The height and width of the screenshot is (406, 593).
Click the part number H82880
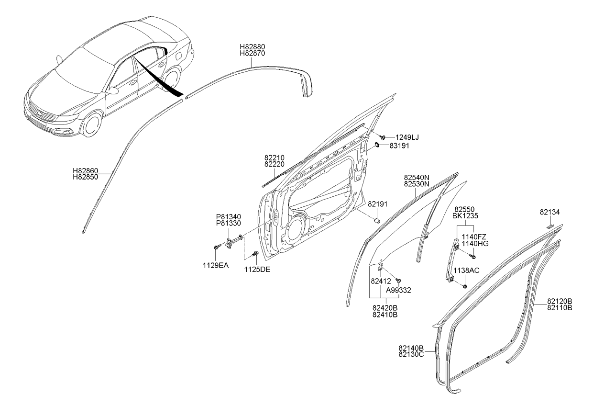pyautogui.click(x=253, y=46)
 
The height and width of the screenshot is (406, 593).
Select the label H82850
pyautogui.click(x=85, y=177)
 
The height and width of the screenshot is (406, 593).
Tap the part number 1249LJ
pyautogui.click(x=407, y=137)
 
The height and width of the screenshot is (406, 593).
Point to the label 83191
pyautogui.click(x=399, y=146)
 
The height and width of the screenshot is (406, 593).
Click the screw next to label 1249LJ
pyautogui.click(x=383, y=137)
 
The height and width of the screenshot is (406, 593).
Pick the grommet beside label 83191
pyautogui.click(x=376, y=145)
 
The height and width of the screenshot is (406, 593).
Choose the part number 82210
pyautogui.click(x=275, y=158)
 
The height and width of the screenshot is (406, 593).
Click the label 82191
pyautogui.click(x=377, y=204)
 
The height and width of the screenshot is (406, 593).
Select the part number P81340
pyautogui.click(x=229, y=217)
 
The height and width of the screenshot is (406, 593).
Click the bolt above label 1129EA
pyautogui.click(x=216, y=247)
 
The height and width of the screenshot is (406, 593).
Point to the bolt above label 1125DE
pyautogui.click(x=256, y=254)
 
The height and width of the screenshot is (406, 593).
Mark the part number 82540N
pyautogui.click(x=417, y=178)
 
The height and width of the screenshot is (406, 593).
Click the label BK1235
pyautogui.click(x=465, y=216)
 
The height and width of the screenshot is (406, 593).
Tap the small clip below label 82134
pyautogui.click(x=550, y=226)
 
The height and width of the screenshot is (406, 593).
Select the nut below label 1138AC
pyautogui.click(x=465, y=286)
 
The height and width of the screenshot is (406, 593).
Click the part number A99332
pyautogui.click(x=398, y=290)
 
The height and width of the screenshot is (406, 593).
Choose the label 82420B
pyautogui.click(x=385, y=308)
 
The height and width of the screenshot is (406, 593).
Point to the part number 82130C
pyautogui.click(x=411, y=354)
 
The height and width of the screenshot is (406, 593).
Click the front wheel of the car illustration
pyautogui.click(x=91, y=124)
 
